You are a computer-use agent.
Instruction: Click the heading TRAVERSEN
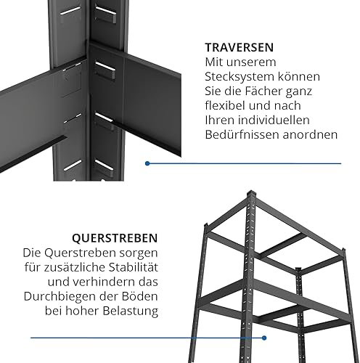240,47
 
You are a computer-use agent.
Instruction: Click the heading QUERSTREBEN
115,238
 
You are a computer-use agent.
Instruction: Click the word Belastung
131,311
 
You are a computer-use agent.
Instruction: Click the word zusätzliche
74,267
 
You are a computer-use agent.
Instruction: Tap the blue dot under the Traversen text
147,163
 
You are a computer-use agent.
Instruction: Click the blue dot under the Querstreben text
264,338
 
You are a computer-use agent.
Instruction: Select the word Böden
143,296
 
